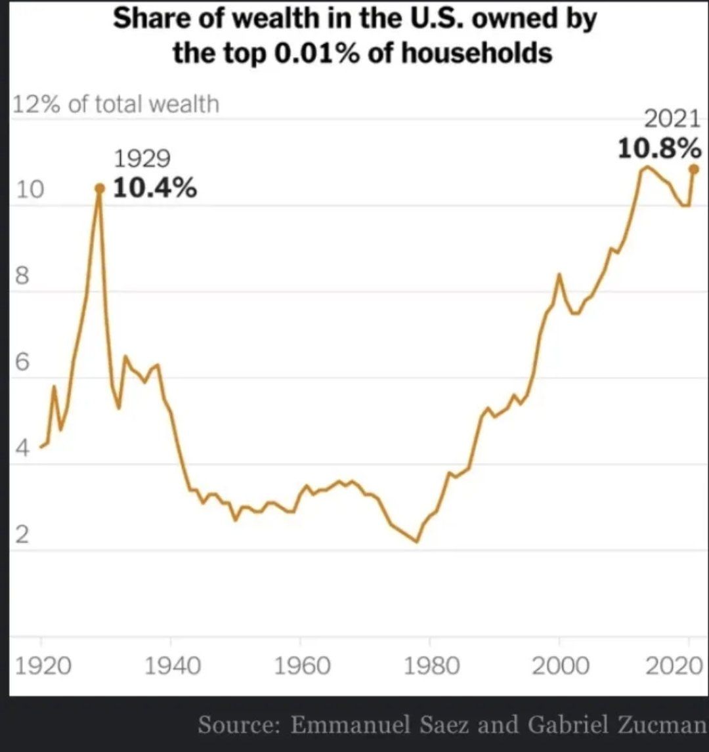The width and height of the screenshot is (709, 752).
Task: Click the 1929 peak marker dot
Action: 100,188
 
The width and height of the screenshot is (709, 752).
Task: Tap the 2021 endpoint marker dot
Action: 695,169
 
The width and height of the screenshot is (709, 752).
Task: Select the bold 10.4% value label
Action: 155,189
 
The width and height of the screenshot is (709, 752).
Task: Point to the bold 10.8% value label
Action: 658,149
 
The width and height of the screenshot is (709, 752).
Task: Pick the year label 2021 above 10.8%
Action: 672,120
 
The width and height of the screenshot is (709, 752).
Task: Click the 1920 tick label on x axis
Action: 43,666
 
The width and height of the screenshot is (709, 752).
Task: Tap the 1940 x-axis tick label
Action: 171,666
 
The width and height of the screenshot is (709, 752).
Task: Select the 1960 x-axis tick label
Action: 301,666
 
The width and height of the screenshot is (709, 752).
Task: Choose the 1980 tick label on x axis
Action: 431,666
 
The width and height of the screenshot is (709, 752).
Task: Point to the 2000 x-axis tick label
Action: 560,666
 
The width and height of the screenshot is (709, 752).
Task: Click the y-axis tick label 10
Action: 29,190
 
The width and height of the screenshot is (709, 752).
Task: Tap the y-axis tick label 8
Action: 22,277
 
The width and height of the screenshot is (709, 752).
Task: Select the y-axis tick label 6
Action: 22,363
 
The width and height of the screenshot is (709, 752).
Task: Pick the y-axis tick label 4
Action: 22,450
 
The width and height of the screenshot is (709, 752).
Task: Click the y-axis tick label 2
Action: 22,536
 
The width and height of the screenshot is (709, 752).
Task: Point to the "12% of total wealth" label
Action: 116,104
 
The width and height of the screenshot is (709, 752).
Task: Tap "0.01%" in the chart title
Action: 314,52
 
